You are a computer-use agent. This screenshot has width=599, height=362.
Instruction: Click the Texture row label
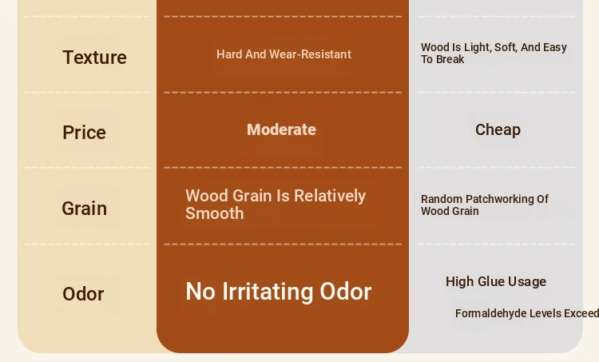94,58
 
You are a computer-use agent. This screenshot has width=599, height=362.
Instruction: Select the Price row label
84,133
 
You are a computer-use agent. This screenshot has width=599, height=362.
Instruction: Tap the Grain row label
84,209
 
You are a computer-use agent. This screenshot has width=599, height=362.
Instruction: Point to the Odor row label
83,294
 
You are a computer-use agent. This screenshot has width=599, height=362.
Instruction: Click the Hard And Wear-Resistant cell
284,54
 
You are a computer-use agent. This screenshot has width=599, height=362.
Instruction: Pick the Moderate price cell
281,129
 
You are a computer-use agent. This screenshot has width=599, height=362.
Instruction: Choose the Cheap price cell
498,130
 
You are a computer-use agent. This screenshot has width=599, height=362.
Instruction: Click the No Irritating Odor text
279,292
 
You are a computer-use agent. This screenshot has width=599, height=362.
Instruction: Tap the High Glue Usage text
496,282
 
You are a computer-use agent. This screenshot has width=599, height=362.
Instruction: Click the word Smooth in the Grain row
214,213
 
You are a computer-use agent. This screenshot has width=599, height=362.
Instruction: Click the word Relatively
330,196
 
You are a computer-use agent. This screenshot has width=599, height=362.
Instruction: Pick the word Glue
490,282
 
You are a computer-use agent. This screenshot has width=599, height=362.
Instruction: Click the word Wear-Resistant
310,54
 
